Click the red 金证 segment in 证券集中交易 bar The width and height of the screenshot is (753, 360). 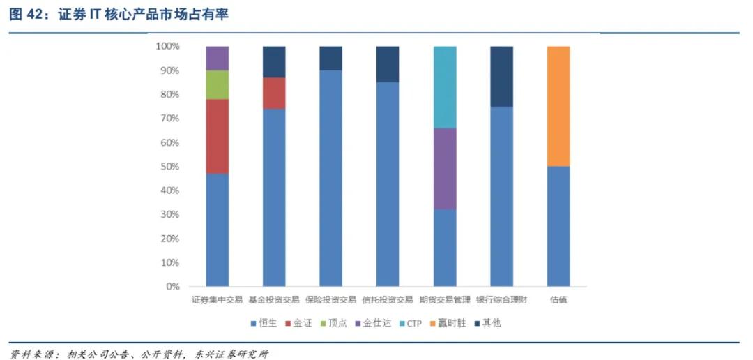tap(218, 136)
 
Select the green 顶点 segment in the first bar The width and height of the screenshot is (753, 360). tap(218, 84)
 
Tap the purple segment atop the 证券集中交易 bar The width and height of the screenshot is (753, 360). tap(218, 58)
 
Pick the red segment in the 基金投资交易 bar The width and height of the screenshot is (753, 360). tap(274, 93)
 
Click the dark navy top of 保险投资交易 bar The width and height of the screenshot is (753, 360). tap(330, 58)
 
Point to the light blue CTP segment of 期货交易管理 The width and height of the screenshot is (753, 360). tap(445, 87)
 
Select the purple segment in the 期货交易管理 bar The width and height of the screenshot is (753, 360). tap(445, 169)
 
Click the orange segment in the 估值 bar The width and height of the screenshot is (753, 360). tap(558, 106)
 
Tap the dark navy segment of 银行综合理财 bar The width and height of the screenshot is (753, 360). tap(501, 76)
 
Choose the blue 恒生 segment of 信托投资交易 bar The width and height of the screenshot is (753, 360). tap(388, 184)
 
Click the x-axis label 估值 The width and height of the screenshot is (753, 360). tap(558, 301)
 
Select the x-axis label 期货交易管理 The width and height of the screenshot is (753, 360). tap(445, 301)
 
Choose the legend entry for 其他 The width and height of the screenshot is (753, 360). tap(492, 324)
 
